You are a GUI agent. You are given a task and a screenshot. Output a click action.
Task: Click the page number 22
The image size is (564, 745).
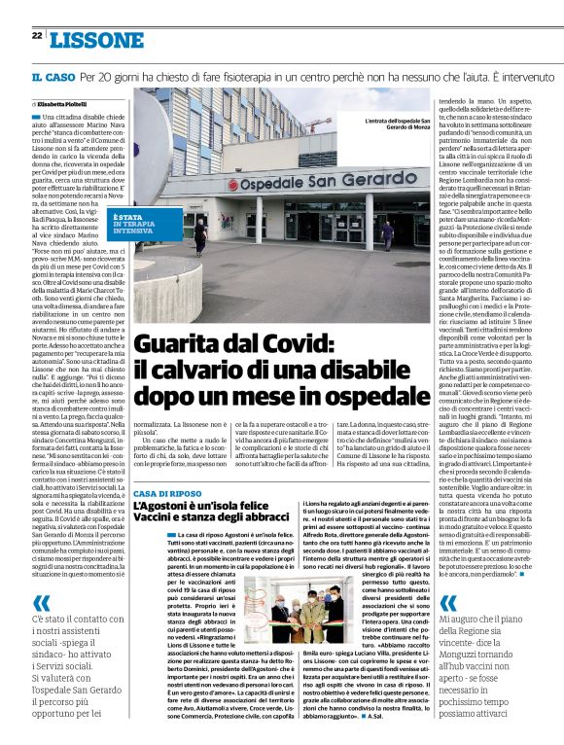[35, 36]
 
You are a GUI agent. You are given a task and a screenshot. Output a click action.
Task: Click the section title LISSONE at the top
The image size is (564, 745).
[95, 39]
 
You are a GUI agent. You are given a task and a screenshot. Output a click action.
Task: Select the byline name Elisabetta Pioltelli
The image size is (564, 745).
[63, 102]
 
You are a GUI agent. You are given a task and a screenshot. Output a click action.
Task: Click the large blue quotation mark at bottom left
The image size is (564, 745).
[43, 602]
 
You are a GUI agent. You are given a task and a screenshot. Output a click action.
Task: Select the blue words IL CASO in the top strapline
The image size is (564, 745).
[52, 76]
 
